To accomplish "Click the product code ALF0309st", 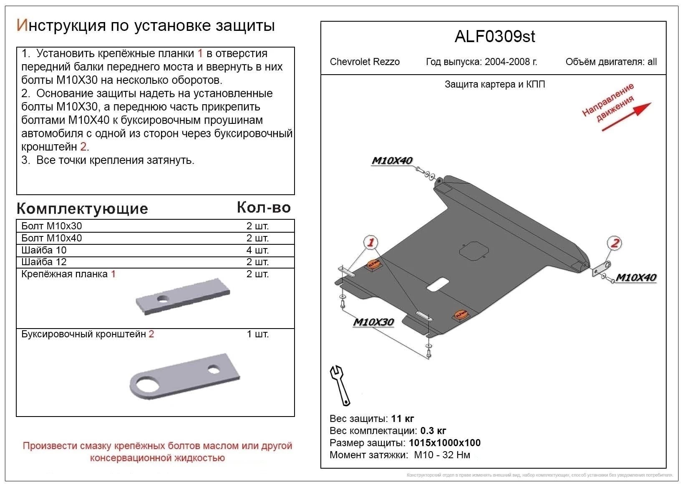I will pos(494,37).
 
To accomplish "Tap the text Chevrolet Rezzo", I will pos(365,62).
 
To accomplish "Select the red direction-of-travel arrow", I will pos(626,117).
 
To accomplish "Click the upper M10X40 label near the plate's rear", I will pos(391,161).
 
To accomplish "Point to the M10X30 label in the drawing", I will pos(373,322).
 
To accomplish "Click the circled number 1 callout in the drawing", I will pos(370,242).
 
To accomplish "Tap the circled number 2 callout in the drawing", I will pos(614,243).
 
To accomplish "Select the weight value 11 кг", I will pos(403,419).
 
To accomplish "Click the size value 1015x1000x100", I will pos(445,443).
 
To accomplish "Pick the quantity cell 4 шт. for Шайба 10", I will pos(257,250).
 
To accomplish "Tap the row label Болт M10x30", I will pos(51,226).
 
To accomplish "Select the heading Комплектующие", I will pos(82,208).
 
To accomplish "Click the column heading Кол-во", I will pos(264,207).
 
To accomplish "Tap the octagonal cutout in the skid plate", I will pos(474,251).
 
